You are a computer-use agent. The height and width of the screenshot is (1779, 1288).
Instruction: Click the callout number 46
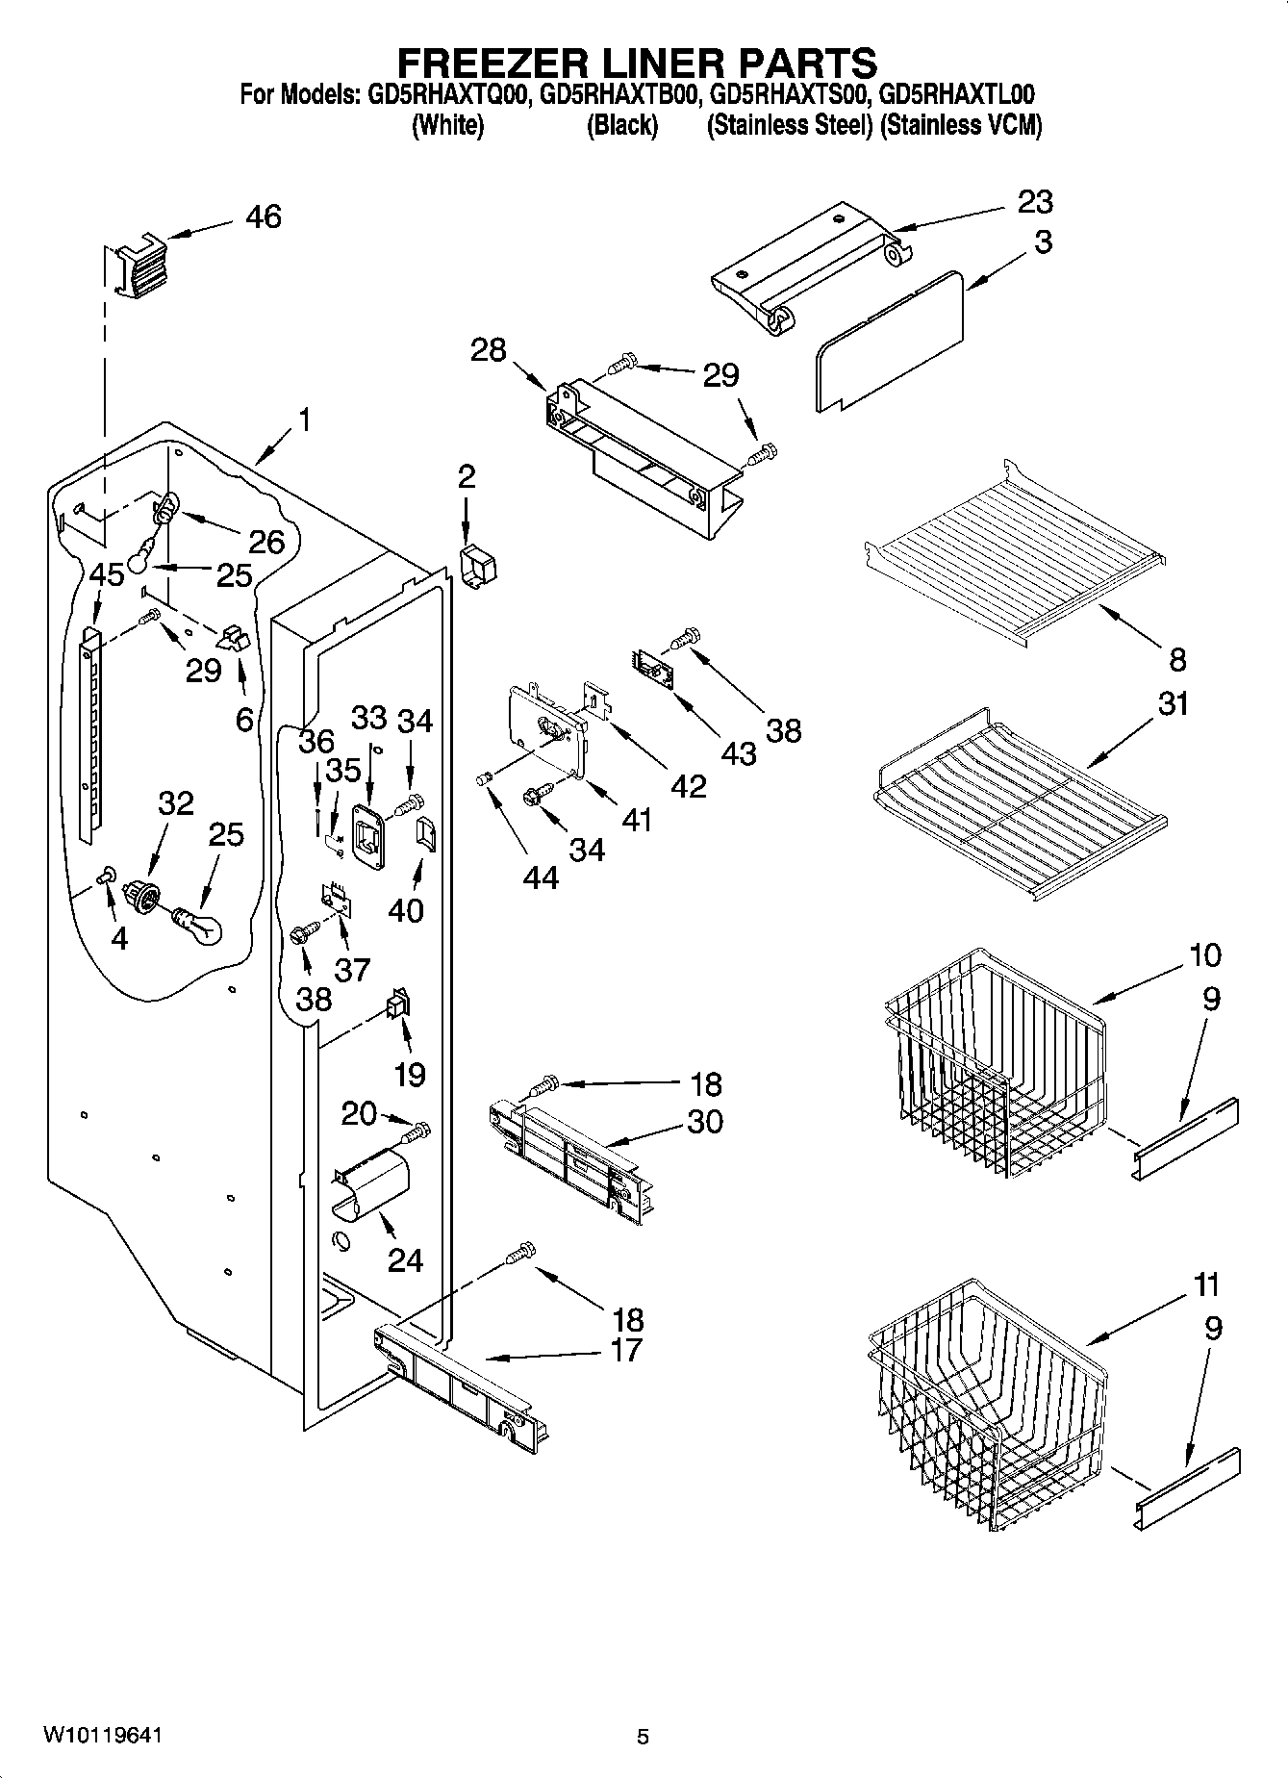pyautogui.click(x=263, y=216)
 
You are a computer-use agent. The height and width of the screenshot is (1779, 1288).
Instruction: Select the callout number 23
pyautogui.click(x=1034, y=202)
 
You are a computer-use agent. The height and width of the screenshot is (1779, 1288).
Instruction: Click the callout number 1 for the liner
pyautogui.click(x=304, y=420)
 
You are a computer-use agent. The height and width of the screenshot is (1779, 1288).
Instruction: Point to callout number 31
pyautogui.click(x=1173, y=704)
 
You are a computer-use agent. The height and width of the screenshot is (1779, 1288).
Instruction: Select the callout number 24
pyautogui.click(x=404, y=1259)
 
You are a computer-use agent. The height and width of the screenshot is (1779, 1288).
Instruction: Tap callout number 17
pyautogui.click(x=625, y=1350)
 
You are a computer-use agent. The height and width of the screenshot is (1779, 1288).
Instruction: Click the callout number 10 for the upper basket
pyautogui.click(x=1204, y=955)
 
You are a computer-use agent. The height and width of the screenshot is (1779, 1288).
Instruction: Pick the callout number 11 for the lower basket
pyautogui.click(x=1204, y=1284)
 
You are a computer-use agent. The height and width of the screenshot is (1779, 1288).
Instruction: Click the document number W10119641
pyautogui.click(x=102, y=1736)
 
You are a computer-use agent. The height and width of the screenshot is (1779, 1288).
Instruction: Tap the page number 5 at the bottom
pyautogui.click(x=643, y=1737)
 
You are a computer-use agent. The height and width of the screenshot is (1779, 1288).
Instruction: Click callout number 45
pyautogui.click(x=106, y=574)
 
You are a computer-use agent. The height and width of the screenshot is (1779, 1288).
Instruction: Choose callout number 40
pyautogui.click(x=405, y=909)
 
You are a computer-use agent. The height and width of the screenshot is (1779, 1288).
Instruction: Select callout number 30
pyautogui.click(x=704, y=1122)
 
